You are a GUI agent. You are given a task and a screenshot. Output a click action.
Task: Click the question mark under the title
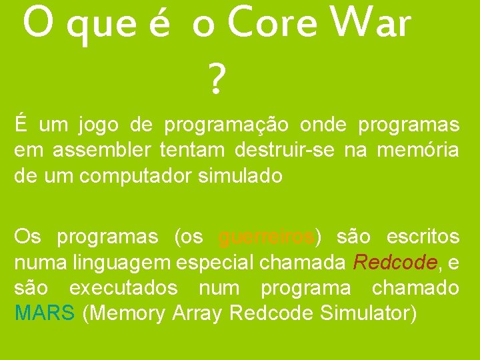coord(215,80)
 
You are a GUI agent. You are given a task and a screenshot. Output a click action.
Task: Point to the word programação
coord(227,125)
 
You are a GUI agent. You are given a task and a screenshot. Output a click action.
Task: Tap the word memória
coord(418,151)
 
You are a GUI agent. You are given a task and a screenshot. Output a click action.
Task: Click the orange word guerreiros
coord(266,237)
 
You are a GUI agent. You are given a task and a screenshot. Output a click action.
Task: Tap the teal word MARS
coord(44,313)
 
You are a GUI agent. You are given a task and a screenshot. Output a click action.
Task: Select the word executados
coord(123,287)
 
